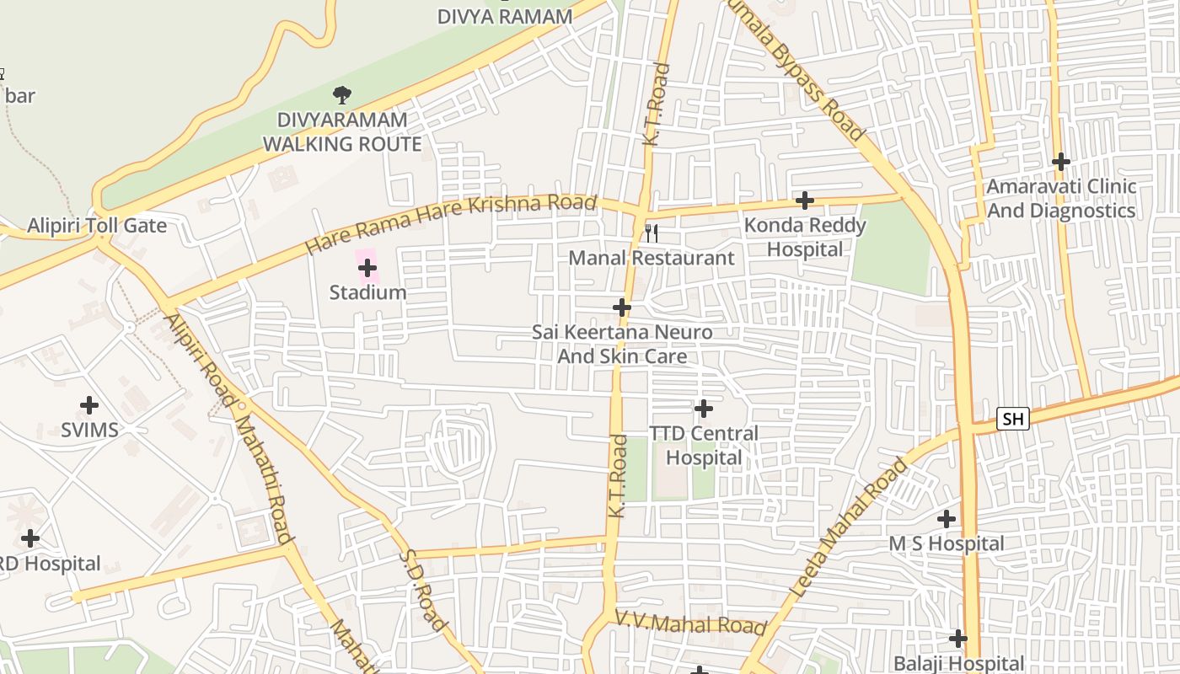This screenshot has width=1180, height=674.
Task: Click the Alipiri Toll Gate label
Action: coord(97,226)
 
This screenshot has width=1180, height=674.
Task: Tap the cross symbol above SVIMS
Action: coord(89,405)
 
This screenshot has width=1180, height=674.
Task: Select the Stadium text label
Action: coord(367,292)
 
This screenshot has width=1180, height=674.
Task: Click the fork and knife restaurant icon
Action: coord(651,233)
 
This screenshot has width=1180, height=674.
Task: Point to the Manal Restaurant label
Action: coord(652,258)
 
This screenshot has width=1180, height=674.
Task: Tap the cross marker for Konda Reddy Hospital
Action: coord(805,201)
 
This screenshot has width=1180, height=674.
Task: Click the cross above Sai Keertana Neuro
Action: coord(622,308)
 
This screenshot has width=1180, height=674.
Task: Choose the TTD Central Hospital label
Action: coord(703,446)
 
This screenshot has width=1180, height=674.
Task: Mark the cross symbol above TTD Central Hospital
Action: coord(703,409)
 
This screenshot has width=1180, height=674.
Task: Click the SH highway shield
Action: coord(1012,419)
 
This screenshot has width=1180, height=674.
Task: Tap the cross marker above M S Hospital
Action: coord(947,519)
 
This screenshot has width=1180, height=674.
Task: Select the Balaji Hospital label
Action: coord(958,664)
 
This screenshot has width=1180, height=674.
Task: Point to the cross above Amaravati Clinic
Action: coord(1061,161)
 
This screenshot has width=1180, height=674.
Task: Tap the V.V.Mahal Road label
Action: coord(690,624)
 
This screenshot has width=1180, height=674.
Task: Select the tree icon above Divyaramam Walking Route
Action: coord(341,95)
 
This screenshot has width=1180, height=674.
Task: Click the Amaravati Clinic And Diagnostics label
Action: coord(1061,198)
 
